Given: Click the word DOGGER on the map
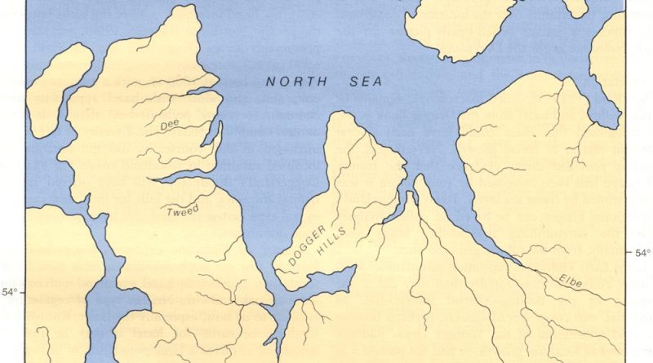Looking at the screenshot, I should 306,242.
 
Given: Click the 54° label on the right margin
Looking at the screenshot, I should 642,253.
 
